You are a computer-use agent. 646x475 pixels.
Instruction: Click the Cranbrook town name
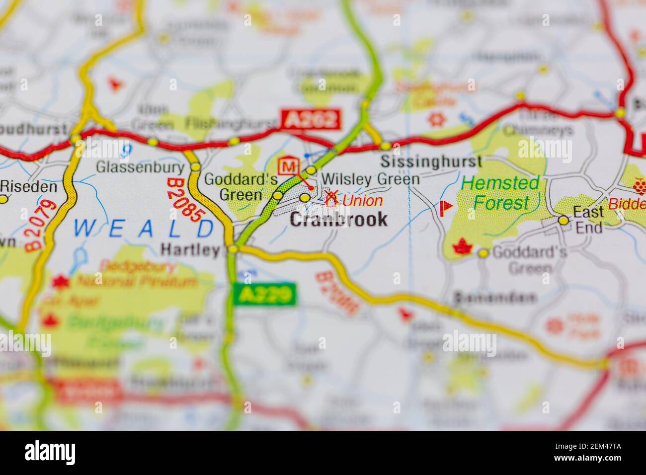[338, 219]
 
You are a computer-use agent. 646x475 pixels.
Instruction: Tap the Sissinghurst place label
[431, 161]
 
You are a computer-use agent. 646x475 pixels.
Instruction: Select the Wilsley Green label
[370, 179]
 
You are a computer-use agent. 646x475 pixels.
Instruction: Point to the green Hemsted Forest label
[500, 193]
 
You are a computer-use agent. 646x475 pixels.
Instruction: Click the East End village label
[589, 220]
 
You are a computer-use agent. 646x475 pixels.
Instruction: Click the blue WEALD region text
[144, 228]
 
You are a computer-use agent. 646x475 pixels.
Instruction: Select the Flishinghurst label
[231, 123]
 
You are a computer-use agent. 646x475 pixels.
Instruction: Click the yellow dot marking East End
[563, 220]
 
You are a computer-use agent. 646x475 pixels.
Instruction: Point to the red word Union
[363, 201]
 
